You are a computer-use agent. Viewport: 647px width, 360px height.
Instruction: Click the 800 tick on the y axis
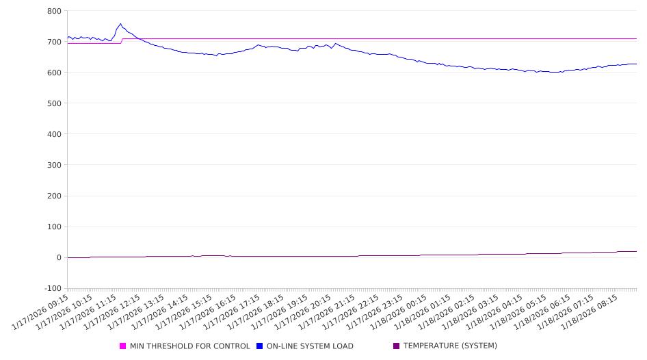[53, 11]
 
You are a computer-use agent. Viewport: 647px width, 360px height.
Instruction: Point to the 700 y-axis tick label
[53, 42]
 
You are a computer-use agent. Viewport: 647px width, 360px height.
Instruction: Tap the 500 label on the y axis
[53, 103]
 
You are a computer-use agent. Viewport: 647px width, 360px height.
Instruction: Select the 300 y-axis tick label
[53, 165]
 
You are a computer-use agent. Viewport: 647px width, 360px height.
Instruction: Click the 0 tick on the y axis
[58, 257]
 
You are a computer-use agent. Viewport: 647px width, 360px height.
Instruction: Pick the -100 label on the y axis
[51, 288]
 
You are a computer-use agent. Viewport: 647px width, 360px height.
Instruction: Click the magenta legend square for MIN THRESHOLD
[123, 346]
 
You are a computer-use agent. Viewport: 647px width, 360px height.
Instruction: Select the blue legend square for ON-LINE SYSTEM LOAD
[260, 346]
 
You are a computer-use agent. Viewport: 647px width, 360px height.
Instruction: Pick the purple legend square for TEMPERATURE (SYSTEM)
[397, 346]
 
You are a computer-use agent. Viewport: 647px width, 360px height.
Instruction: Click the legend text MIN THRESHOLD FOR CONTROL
[189, 346]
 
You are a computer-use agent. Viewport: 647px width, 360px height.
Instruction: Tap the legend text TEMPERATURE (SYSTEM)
[450, 346]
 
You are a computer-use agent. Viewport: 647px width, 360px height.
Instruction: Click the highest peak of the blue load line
[121, 24]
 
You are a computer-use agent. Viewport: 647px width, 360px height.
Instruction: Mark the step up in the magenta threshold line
[122, 41]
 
